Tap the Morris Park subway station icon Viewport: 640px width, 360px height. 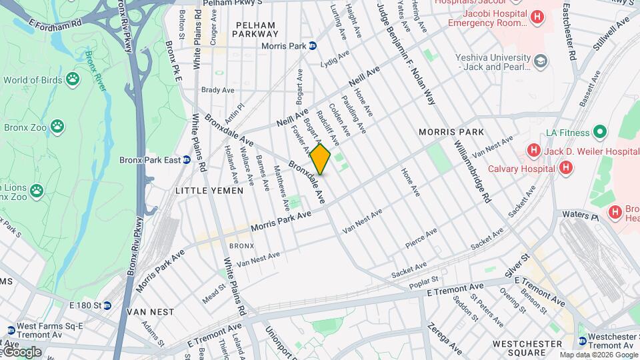coord(312,46)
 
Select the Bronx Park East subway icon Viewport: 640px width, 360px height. coord(187,160)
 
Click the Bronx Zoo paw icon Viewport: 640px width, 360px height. coord(59,125)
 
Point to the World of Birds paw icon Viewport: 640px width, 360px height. coord(71,80)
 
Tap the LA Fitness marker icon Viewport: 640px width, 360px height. coord(599,132)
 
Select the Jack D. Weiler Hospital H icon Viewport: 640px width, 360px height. coord(533,151)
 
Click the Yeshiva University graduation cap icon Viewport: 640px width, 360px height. coord(541,62)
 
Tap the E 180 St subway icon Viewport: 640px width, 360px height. coord(107,305)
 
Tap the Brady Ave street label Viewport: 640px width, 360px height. coord(218,89)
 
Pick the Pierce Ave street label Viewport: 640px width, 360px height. coord(422,239)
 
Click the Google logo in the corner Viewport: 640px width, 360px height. coord(21,351)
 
